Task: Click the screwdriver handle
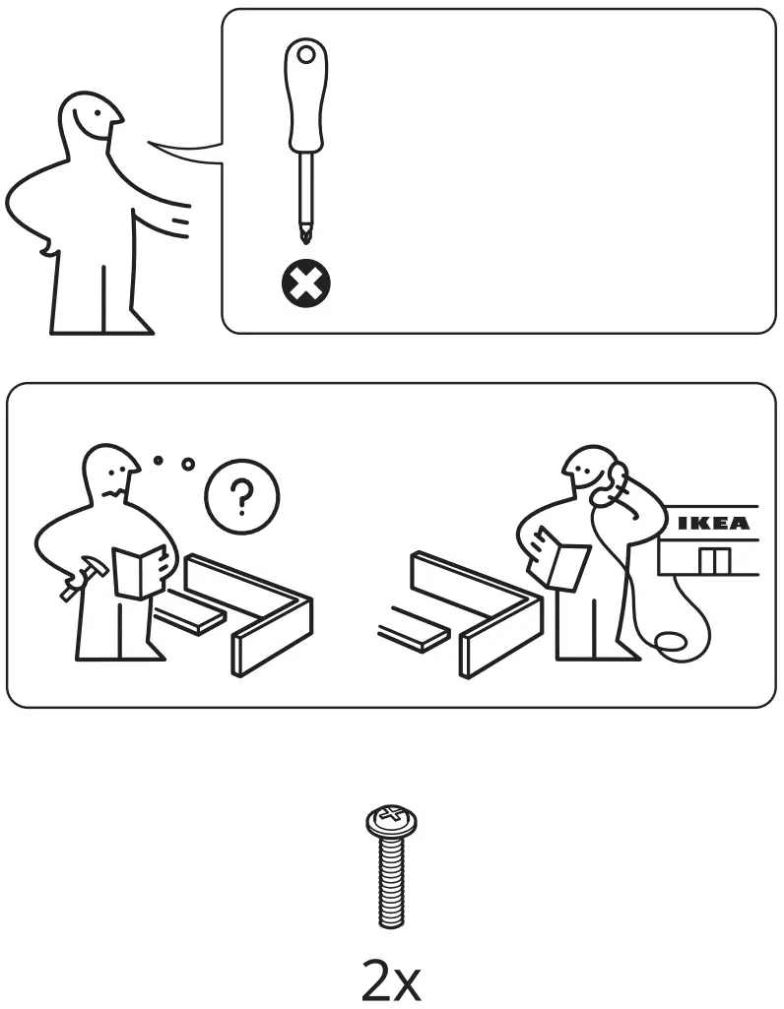[305, 94]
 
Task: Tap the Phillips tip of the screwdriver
[306, 233]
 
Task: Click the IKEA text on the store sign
[713, 523]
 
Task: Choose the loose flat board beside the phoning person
[412, 629]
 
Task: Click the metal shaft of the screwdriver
[306, 187]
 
